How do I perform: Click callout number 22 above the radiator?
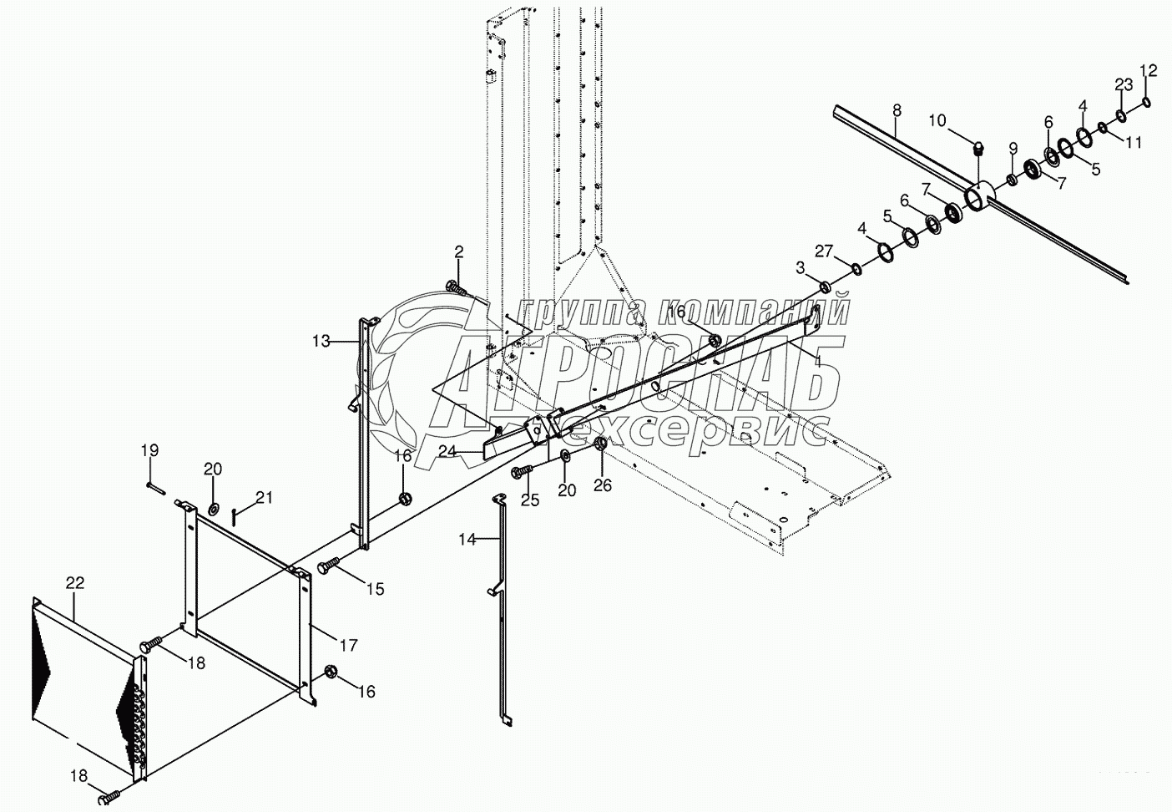75,582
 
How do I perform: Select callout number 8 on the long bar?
897,109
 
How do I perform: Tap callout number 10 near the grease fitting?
937,121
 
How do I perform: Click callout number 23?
1124,84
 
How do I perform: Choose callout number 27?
824,250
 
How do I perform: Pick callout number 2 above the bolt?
459,251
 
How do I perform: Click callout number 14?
467,540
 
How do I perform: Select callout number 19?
149,451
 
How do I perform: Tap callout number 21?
264,498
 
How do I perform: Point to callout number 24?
447,452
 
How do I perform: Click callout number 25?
531,500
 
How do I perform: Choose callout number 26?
603,485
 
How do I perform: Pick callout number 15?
375,589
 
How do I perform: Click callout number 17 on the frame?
347,645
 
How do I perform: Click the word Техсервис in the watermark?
697,434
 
